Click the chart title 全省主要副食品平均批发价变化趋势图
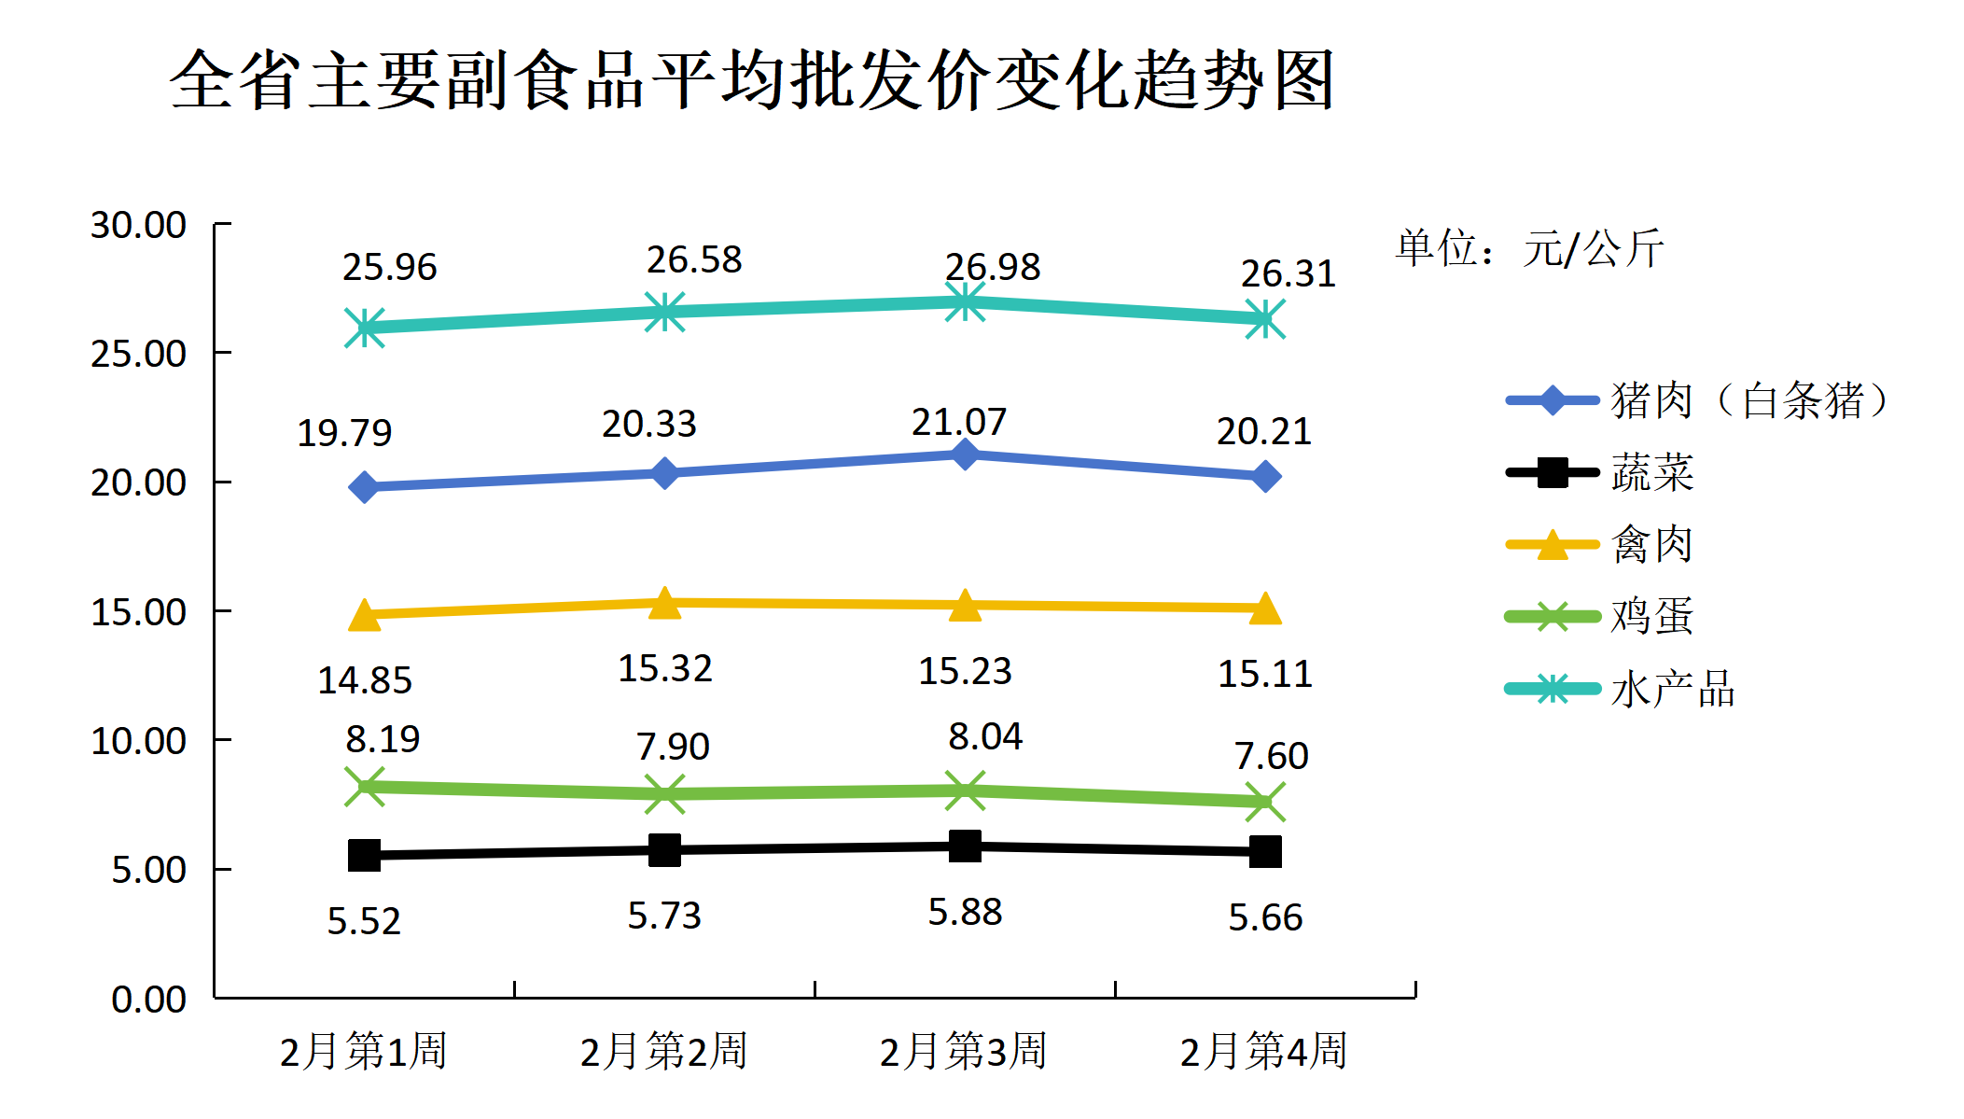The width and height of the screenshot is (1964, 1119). click(752, 80)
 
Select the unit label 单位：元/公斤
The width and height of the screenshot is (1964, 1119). click(1529, 248)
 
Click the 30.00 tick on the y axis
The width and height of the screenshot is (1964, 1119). click(138, 225)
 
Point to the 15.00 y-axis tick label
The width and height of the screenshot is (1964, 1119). click(138, 612)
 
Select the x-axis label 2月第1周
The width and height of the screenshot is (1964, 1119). click(364, 1051)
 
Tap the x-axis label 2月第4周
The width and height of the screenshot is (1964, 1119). click(1264, 1051)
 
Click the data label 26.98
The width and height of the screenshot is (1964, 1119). click(992, 267)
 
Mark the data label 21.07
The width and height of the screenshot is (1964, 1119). click(959, 422)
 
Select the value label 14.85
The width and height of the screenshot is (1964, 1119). click(365, 680)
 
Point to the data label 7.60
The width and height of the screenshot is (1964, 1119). click(1272, 755)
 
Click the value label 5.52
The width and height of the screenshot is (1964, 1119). click(364, 921)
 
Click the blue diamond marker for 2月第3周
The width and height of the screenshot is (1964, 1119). click(965, 455)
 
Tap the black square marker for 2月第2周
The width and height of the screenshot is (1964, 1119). click(664, 850)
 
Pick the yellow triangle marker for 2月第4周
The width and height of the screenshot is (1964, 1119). click(1265, 608)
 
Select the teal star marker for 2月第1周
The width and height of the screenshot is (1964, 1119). click(365, 328)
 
